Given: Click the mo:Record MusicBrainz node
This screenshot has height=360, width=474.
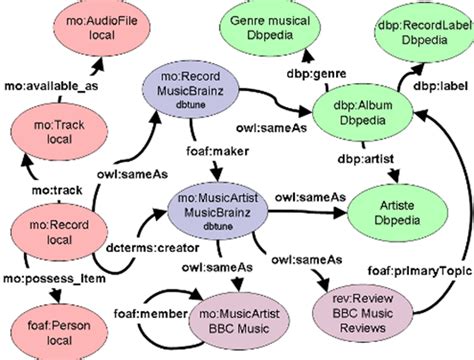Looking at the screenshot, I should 189,93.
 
